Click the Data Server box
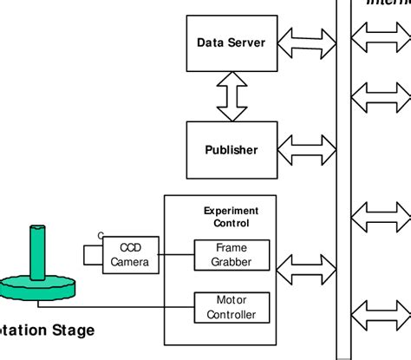click(x=231, y=43)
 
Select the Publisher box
click(x=231, y=149)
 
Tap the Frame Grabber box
click(x=231, y=255)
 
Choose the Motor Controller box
click(x=231, y=307)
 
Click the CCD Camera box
click(x=129, y=256)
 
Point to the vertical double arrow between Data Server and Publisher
click(x=232, y=96)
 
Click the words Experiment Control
click(x=231, y=216)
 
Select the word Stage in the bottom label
click(x=72, y=331)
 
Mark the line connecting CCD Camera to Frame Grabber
click(x=174, y=255)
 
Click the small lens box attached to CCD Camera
click(x=93, y=255)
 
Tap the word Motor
click(x=231, y=300)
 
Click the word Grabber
click(x=231, y=262)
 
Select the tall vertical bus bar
click(x=344, y=173)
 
